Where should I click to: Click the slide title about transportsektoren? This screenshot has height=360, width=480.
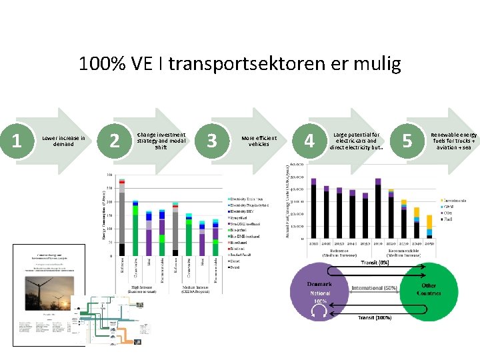240,64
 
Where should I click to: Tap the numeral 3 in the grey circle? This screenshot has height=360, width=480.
212,140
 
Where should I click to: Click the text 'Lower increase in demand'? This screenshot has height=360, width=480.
63,141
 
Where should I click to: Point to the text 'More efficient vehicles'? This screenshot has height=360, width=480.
259,141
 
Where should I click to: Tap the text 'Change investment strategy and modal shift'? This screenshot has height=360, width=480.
161,141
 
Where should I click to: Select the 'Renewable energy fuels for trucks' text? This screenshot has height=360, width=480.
453,140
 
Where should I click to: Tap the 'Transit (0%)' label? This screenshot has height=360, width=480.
375,263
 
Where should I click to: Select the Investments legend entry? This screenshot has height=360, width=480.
453,200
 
